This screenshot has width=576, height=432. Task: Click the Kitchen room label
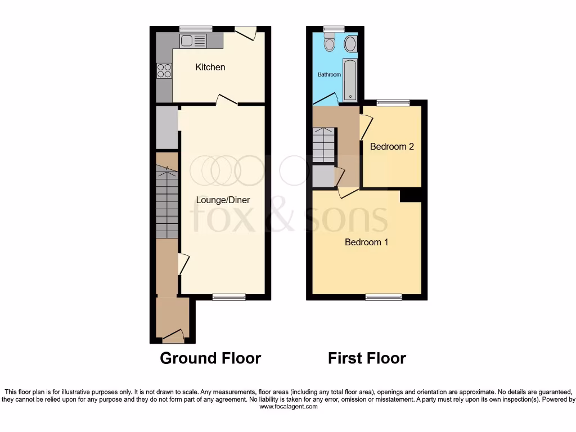point(210,67)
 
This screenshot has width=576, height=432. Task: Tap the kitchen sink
point(193,40)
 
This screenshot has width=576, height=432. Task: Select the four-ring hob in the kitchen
point(164,70)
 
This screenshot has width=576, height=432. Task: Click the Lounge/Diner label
point(223,200)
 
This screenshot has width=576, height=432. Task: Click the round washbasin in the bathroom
point(350,43)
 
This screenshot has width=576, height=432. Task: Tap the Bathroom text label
point(329,74)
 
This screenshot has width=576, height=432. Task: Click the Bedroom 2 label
point(391,147)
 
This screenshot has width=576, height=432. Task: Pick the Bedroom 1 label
point(366,242)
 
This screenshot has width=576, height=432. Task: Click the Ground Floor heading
point(210,358)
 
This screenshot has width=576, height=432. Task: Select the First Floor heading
point(367,358)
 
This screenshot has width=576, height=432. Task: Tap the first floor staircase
point(323,145)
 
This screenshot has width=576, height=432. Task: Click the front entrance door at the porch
point(173,336)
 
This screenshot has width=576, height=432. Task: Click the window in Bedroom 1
point(384,297)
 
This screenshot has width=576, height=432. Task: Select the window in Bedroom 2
point(393,102)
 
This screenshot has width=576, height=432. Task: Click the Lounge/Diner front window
point(229,297)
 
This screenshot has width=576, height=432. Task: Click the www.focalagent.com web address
point(288,407)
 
